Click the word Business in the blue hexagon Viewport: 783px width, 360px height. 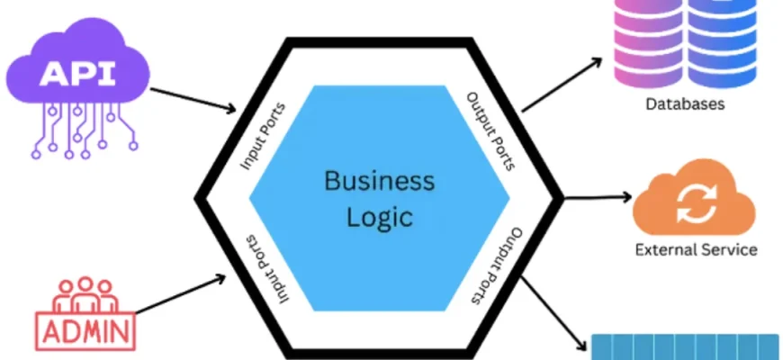coord(379,182)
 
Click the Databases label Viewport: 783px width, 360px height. coord(685,104)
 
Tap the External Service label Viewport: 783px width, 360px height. coord(696,249)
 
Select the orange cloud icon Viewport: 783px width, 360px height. coord(692,200)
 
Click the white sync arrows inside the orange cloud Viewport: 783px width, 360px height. coord(692,202)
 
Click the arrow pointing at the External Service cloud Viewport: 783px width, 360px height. coord(594,196)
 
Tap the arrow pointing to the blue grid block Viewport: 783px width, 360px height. coord(553,311)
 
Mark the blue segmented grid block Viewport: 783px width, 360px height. coord(684,347)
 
